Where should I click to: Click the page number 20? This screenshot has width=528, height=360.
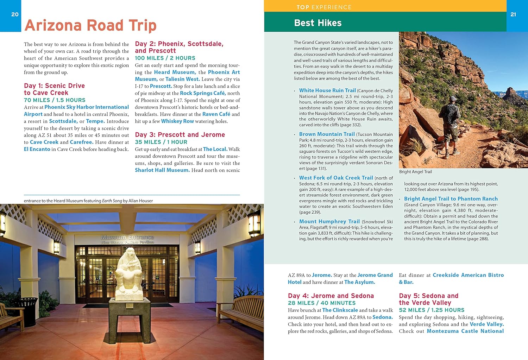[x=15, y=14]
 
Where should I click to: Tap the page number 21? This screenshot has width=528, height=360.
[x=513, y=14]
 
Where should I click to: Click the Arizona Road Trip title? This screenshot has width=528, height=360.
[x=90, y=25]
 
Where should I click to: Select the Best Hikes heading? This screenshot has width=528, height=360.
[x=318, y=23]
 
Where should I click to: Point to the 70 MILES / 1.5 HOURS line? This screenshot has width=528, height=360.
[x=55, y=100]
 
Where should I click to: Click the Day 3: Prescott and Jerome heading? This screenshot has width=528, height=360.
[x=180, y=135]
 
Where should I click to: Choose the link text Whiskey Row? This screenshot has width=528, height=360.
[x=177, y=121]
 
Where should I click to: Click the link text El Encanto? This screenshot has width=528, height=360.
[x=37, y=149]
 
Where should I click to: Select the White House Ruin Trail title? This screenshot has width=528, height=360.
[x=327, y=90]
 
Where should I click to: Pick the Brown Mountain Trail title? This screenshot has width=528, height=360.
[x=327, y=134]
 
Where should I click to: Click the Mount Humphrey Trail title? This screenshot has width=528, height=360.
[x=329, y=221]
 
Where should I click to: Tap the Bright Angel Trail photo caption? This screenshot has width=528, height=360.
[x=415, y=172]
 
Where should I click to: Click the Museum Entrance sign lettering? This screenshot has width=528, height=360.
[x=127, y=238]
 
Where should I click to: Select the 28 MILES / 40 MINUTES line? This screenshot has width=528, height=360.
[x=322, y=303]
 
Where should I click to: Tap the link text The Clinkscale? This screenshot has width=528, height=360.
[x=340, y=310]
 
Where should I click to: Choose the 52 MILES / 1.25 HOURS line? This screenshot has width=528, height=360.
[x=432, y=310]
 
